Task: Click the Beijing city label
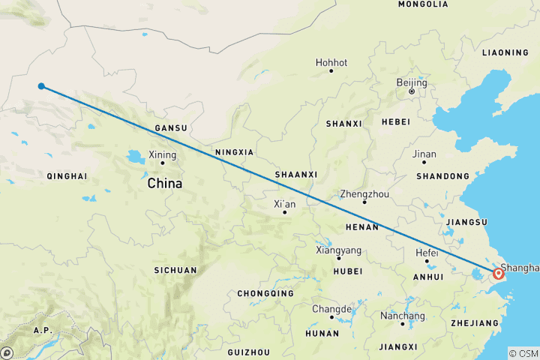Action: pyautogui.click(x=411, y=82)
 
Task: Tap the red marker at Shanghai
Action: pyautogui.click(x=498, y=274)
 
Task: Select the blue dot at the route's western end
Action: pyautogui.click(x=42, y=85)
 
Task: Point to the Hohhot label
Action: pyautogui.click(x=331, y=63)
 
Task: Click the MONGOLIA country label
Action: pyautogui.click(x=423, y=4)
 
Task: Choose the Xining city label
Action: pyautogui.click(x=163, y=155)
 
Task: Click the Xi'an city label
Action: pyautogui.click(x=283, y=204)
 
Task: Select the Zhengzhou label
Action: pyautogui.click(x=364, y=193)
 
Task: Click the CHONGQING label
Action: pyautogui.click(x=265, y=294)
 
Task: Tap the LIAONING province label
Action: pyautogui.click(x=505, y=52)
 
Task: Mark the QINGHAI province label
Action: pyautogui.click(x=67, y=177)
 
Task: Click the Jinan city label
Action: pyautogui.click(x=424, y=154)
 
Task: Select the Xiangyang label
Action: pyautogui.click(x=338, y=250)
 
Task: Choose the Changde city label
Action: pyautogui.click(x=331, y=309)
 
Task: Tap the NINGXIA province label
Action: pyautogui.click(x=234, y=152)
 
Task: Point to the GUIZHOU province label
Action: pyautogui.click(x=248, y=352)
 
